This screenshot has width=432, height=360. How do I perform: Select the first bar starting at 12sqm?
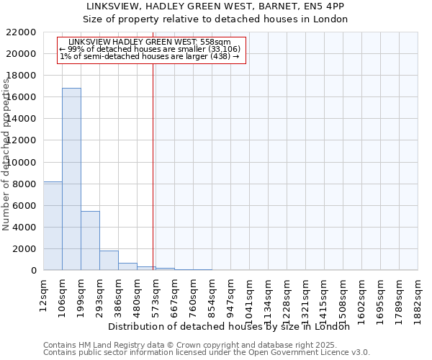click(x=53, y=226)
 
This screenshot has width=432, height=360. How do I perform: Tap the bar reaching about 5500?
click(x=90, y=240)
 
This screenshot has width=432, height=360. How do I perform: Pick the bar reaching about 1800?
click(x=109, y=261)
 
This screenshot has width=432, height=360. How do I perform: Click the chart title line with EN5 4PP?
click(x=215, y=6)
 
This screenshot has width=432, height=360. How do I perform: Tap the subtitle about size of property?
click(x=215, y=19)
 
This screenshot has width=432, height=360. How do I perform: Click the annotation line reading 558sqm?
click(x=150, y=42)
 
